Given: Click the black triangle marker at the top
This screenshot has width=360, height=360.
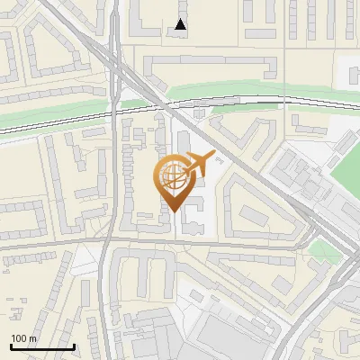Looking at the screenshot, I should tap(181, 24).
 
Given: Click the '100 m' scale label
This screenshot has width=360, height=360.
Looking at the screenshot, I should tap(23, 337).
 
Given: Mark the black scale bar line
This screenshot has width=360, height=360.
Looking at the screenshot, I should tap(41, 346).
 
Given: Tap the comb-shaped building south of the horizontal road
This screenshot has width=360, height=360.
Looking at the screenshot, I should tap(144, 270).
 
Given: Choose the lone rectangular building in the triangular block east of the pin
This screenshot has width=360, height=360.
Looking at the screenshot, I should tap(248, 215).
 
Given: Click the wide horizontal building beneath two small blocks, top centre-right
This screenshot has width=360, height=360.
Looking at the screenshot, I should tap(262, 33).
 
